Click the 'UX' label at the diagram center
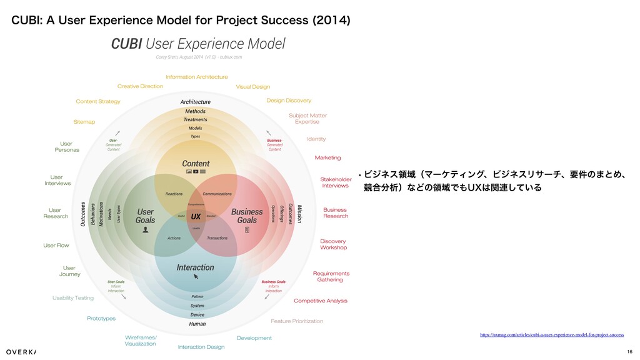(196, 216)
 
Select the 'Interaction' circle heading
(195, 267)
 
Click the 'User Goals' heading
(145, 216)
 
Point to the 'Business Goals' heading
(247, 216)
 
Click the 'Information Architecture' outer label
(196, 77)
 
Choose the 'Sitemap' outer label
(84, 122)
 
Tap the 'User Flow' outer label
(56, 246)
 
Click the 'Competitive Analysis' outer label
(321, 301)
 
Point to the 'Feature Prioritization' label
(297, 321)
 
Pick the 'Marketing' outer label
(327, 157)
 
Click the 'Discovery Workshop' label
(333, 244)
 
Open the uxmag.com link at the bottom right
(552, 335)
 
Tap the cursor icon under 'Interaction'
(196, 276)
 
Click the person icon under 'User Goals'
(146, 229)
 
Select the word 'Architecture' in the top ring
(196, 102)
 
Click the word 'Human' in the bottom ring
(197, 324)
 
